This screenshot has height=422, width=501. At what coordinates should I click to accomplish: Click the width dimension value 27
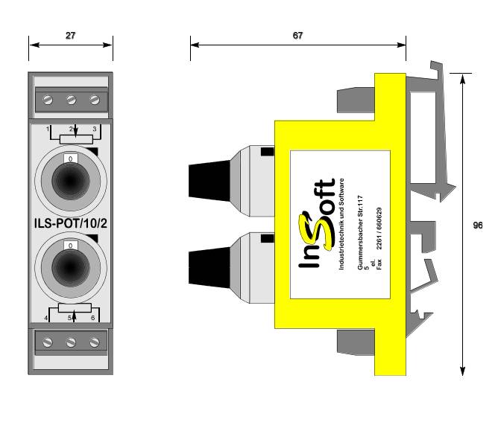pos(70,34)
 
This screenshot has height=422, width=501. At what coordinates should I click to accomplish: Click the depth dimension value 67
pos(297,34)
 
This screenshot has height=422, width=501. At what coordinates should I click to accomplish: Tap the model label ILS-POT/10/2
pos(71,223)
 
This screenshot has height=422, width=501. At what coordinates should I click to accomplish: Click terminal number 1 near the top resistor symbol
pos(48,130)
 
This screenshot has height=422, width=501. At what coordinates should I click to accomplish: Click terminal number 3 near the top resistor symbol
pos(95,130)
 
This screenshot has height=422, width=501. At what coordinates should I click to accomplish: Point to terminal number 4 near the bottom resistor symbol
pos(48,319)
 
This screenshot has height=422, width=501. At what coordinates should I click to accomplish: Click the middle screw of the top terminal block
pos(72,100)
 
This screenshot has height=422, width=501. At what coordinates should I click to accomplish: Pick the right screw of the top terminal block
pos(94,100)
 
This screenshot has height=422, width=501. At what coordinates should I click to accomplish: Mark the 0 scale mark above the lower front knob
pos(71,244)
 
